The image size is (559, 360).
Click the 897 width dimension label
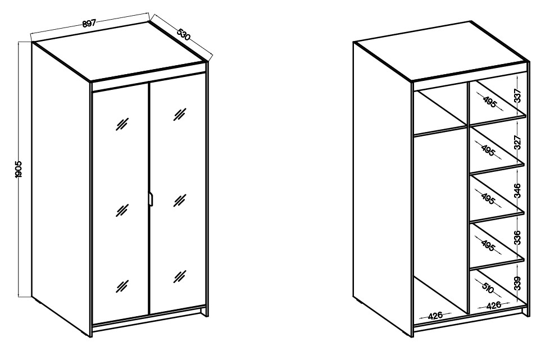click(89, 24)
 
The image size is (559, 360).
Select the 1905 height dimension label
click(19, 169)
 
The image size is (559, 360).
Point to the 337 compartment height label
click(517, 95)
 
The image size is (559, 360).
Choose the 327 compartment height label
click(517, 142)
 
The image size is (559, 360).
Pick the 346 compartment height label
click(517, 190)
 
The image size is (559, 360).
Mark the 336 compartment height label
click(517, 238)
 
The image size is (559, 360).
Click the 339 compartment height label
click(517, 283)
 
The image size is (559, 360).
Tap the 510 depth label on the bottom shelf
click(488, 288)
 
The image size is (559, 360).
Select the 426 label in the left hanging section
click(435, 316)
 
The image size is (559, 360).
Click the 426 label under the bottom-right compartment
click(493, 305)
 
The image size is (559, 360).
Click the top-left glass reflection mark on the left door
click(122, 124)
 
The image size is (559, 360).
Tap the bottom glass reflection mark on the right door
click(180, 276)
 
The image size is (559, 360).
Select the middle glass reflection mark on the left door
click(122, 210)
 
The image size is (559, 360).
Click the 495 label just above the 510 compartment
click(488, 245)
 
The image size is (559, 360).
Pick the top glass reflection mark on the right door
click(180, 114)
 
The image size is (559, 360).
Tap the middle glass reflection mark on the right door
click(180, 200)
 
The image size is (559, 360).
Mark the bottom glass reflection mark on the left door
click(122, 286)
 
